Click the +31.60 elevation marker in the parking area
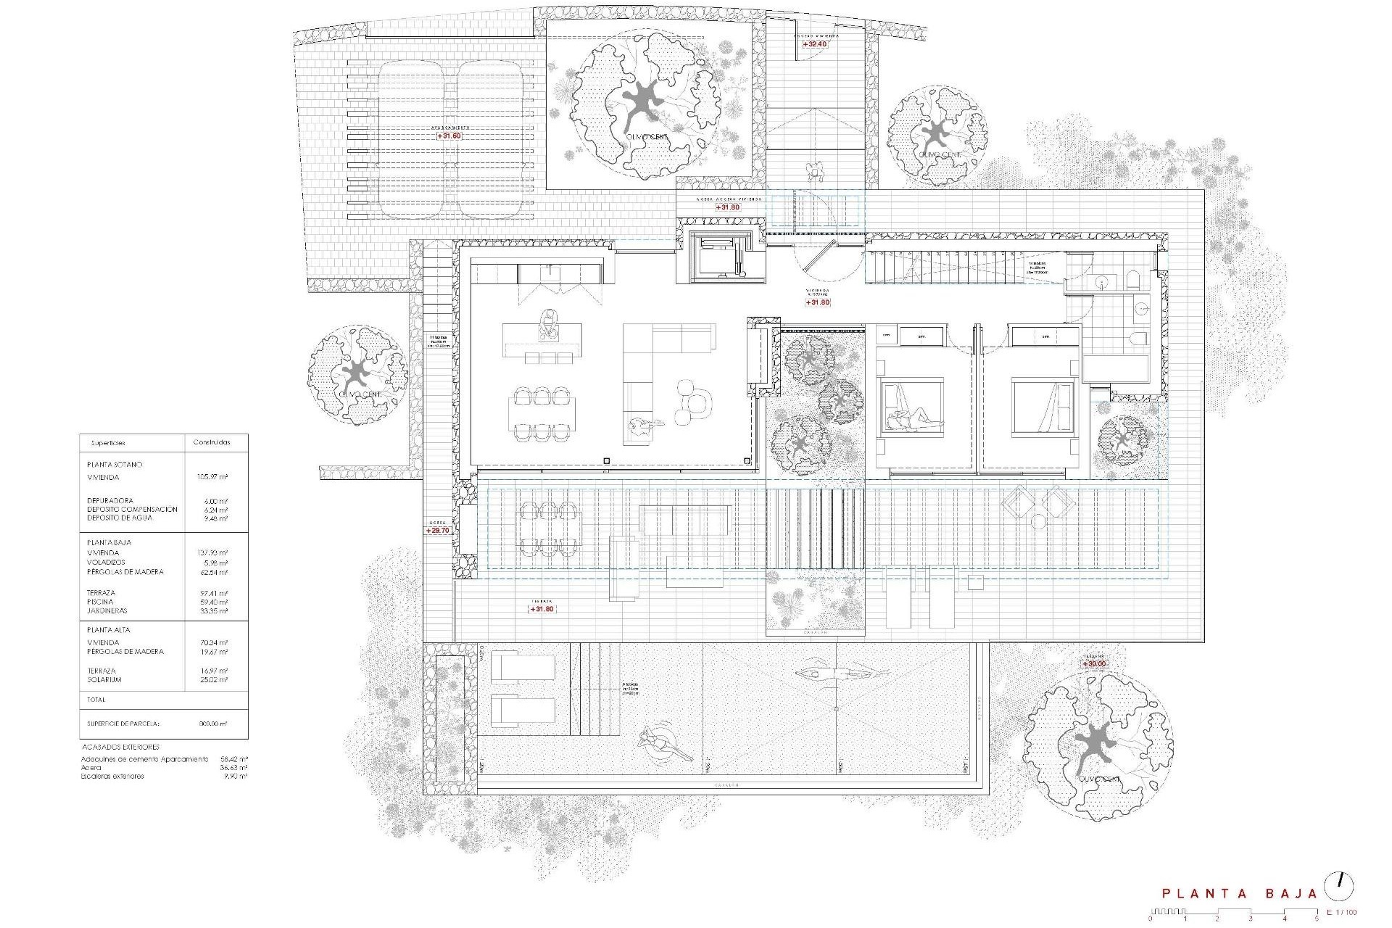point(449,136)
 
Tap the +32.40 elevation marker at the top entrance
point(815,44)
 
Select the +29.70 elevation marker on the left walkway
point(439,530)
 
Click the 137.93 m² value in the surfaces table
point(213,553)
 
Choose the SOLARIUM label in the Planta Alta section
point(104,680)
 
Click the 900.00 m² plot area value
point(213,724)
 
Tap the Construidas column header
point(212,442)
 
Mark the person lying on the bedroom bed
point(913,418)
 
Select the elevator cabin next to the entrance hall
point(718,257)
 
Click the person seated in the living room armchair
point(641,426)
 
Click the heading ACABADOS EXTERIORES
point(120,746)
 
